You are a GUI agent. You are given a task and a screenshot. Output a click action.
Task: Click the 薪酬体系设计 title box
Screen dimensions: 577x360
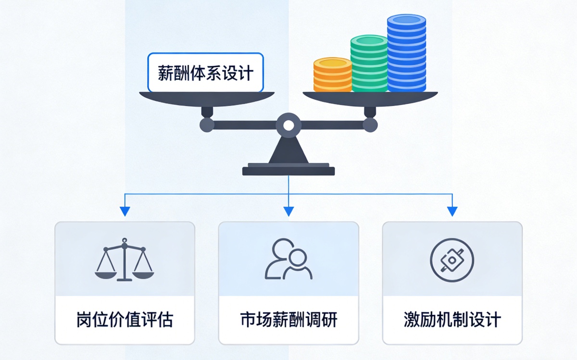(205, 73)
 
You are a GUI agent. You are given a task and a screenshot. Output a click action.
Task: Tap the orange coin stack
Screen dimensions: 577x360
(333, 74)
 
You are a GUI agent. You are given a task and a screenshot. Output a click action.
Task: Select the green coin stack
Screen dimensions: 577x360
(369, 63)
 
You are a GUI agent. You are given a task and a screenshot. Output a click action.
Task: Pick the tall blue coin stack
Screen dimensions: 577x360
(406, 53)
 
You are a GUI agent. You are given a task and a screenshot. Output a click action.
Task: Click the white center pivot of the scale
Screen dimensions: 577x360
(288, 125)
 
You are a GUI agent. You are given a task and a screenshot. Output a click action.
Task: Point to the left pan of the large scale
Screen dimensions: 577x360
(207, 99)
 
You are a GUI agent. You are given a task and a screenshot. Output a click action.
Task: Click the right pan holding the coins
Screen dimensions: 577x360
(370, 99)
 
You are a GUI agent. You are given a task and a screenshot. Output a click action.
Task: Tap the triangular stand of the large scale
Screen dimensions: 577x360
(288, 150)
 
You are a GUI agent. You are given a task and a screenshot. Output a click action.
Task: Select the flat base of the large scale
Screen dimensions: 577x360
(288, 170)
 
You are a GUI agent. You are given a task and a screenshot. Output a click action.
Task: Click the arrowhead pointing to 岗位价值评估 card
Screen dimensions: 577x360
(125, 211)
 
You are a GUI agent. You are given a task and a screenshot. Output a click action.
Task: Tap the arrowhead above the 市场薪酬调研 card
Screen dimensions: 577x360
(288, 211)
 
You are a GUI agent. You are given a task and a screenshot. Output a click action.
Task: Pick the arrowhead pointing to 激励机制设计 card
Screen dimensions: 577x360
(452, 211)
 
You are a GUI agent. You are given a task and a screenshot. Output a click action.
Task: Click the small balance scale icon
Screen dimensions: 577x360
(125, 260)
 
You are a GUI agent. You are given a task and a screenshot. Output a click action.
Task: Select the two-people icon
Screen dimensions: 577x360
(288, 259)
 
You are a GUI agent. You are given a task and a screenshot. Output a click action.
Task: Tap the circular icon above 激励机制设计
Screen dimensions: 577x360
(452, 260)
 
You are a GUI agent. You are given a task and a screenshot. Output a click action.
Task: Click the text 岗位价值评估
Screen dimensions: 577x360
(125, 320)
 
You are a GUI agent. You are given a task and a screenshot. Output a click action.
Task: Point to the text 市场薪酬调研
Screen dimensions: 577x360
(289, 320)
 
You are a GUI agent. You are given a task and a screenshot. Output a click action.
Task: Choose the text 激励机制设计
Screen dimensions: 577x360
(452, 320)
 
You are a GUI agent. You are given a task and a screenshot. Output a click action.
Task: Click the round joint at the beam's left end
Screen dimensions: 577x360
(207, 125)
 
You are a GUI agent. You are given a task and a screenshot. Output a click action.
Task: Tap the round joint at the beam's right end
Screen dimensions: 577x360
(370, 125)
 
